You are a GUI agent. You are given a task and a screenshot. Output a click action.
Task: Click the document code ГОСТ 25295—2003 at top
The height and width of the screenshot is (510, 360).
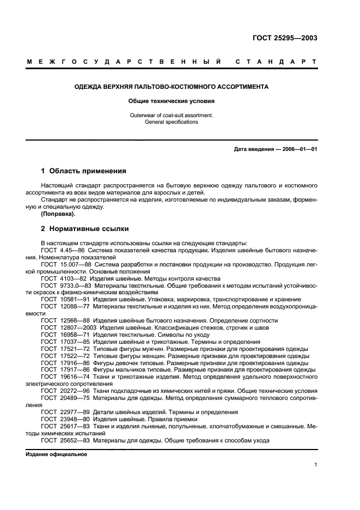click(285, 38)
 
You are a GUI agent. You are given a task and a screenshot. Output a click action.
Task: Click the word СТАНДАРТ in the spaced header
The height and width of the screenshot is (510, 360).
click(276, 63)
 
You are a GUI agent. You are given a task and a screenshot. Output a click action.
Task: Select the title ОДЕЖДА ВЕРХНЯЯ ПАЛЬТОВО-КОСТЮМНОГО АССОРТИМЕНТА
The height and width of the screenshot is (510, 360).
click(171, 87)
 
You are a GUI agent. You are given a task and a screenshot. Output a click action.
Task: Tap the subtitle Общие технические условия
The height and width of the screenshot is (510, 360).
click(171, 101)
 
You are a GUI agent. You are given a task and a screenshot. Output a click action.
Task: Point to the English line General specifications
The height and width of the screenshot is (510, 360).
click(171, 122)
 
